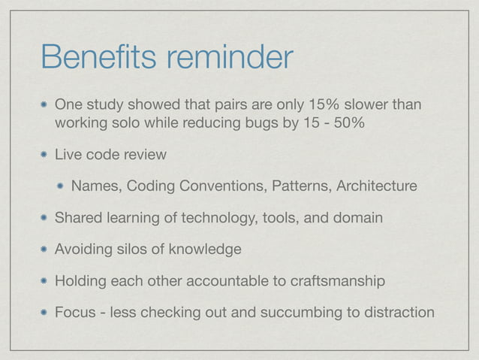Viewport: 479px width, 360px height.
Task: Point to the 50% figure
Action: coord(351,122)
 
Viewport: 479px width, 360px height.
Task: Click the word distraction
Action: coord(400,312)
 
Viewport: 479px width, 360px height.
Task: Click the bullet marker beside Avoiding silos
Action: coord(44,249)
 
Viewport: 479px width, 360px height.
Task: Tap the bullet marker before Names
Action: coord(62,186)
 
